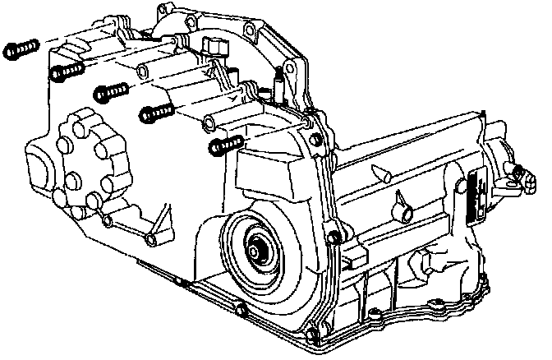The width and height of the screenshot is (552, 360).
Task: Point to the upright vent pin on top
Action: pos(279,82)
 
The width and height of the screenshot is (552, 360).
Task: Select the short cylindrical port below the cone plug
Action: pos(407,215)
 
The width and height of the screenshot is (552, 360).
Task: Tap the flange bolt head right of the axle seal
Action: pos(333,238)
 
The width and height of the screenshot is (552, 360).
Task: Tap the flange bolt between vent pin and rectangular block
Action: pos(306,124)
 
